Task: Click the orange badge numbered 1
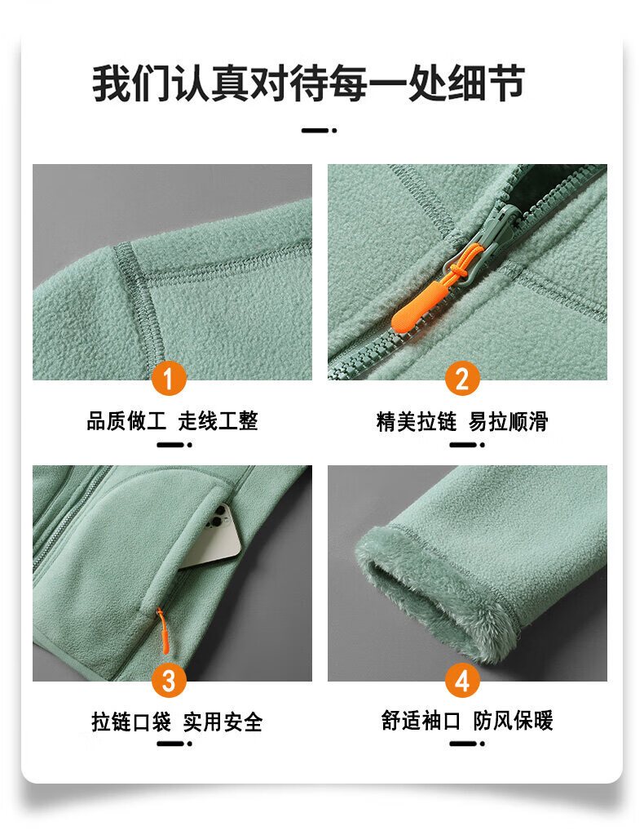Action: point(169,379)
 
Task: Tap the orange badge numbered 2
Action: point(463,379)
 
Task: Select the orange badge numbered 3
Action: point(169,680)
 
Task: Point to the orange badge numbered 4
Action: point(463,680)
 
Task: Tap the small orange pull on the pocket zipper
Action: point(163,631)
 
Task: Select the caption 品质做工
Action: point(126,420)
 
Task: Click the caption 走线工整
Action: point(218,420)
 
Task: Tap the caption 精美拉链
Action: point(417,421)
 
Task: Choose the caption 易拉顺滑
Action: point(509,421)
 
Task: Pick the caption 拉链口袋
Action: point(131,722)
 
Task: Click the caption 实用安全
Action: point(223,722)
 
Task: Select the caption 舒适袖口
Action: point(421,721)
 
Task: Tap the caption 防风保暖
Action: point(514,721)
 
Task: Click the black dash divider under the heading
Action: point(319,130)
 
